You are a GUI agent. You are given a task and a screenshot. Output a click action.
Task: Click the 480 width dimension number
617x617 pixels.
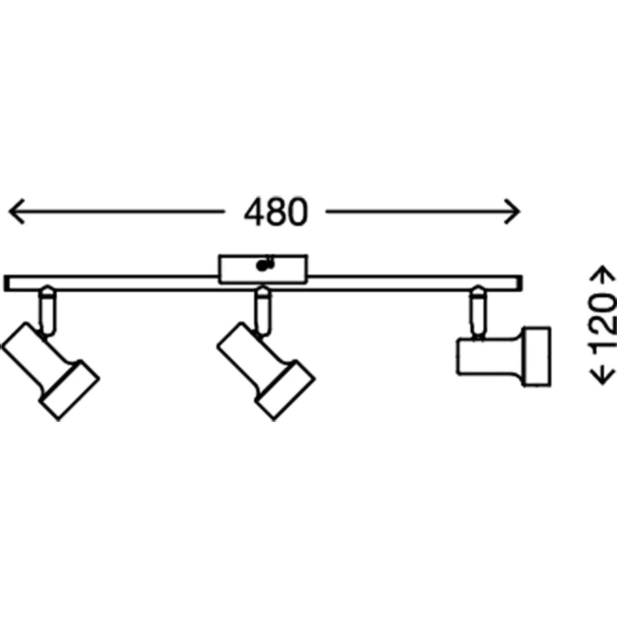pos(276,212)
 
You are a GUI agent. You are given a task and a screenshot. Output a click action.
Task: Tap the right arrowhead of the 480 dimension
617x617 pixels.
pos(513,212)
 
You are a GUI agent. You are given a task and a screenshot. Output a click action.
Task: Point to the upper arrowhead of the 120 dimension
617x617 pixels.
pos(603,273)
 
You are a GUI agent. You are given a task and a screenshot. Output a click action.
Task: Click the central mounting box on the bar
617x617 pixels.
pos(263,269)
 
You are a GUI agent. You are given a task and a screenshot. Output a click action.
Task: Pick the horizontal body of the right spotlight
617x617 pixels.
pos(489,356)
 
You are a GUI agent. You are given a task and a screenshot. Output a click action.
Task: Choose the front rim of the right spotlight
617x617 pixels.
pos(536,356)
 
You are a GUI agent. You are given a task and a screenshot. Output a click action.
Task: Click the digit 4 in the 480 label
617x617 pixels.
pos(254,212)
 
